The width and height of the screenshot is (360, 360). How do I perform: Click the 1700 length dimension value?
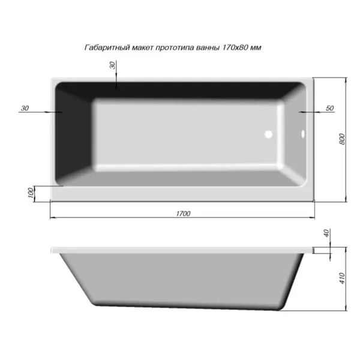pos(183,214)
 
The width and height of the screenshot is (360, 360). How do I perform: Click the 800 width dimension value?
pos(342,139)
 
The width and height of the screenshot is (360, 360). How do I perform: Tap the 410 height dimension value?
pos(342,278)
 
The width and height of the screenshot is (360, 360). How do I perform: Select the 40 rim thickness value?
pos(327,233)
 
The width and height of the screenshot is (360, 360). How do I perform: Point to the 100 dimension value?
pos(31,193)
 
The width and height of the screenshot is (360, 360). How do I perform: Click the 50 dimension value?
pos(329,108)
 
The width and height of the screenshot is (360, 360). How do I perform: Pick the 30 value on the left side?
pos(25,108)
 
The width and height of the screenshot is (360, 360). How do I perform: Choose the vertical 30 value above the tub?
pos(113,65)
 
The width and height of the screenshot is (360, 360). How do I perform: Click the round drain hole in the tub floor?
pos(268,134)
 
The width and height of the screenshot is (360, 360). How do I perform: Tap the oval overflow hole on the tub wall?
pos(303,134)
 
